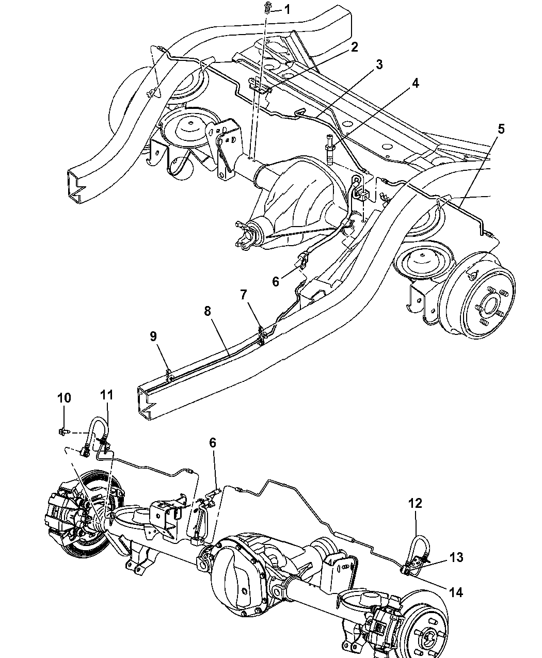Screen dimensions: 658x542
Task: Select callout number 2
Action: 354,47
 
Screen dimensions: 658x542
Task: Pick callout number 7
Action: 243,295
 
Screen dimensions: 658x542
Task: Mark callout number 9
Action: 153,336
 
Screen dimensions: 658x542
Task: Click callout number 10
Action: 64,398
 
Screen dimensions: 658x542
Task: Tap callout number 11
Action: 108,395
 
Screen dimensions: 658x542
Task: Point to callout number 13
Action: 456,557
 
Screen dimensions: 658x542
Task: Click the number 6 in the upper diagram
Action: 276,281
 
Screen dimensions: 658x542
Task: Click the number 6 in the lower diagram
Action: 212,443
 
